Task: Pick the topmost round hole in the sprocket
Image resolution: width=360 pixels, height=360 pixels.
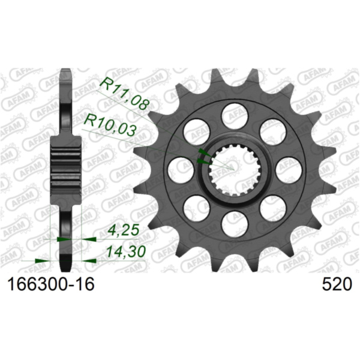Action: pos(233,113)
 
